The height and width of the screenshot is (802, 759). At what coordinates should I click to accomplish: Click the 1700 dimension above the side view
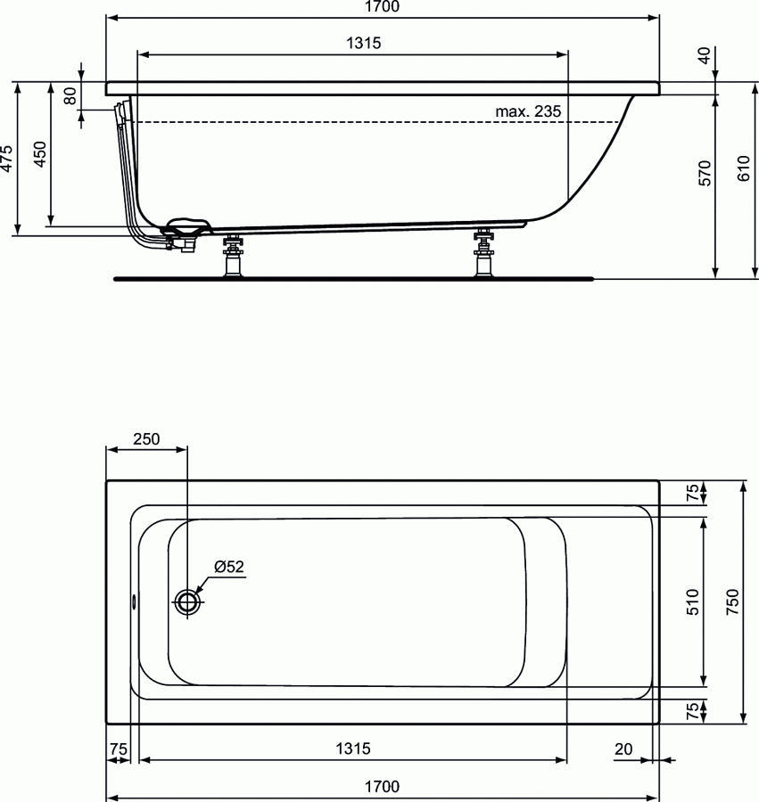(x=382, y=7)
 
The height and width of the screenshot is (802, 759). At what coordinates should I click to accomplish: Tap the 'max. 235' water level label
(x=528, y=111)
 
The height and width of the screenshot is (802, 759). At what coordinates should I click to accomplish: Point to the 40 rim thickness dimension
(x=704, y=55)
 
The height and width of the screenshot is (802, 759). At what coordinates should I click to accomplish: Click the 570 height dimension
(x=704, y=173)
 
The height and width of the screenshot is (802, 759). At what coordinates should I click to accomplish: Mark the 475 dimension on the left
(x=7, y=159)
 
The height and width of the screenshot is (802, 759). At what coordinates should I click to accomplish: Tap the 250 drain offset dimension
(x=146, y=438)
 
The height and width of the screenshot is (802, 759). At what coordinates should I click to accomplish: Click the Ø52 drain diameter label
(x=229, y=566)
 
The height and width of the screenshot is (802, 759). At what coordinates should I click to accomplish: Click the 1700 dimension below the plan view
(x=382, y=786)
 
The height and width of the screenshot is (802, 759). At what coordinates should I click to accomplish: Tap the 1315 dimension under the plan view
(x=352, y=749)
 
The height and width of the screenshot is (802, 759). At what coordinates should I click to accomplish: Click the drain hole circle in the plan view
(x=188, y=602)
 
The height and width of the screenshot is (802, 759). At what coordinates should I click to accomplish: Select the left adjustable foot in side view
(x=234, y=256)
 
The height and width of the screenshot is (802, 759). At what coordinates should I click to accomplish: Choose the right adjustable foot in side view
(x=485, y=255)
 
